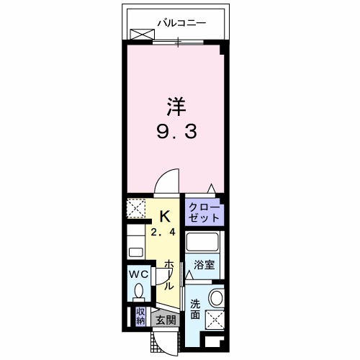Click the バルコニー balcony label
181,23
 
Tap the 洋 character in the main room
177,107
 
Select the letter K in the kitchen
164,215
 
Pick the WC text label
138,274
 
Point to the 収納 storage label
141,315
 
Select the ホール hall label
169,274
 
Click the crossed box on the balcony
143,33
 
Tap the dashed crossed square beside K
137,210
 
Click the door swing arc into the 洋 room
167,180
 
